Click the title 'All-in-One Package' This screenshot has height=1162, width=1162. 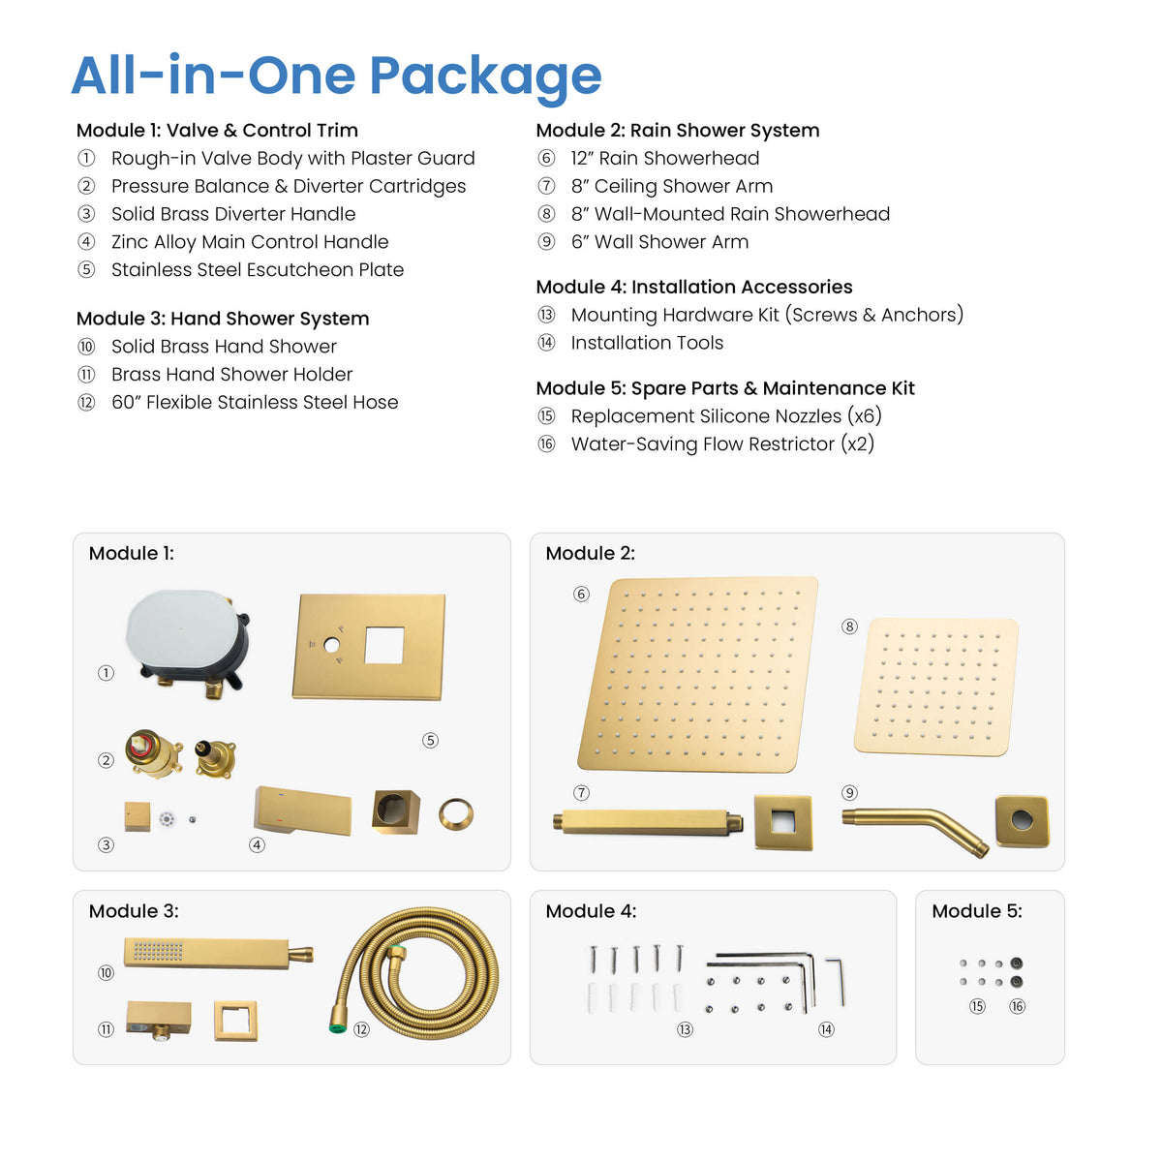336,76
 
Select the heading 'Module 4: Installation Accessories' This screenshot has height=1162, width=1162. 694,287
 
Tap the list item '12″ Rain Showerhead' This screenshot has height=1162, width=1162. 664,158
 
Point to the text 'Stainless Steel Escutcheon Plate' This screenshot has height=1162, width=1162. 258,269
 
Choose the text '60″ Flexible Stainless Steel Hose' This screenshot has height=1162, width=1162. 255,402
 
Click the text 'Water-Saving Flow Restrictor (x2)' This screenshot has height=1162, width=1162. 722,443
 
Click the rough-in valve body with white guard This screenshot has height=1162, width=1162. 187,642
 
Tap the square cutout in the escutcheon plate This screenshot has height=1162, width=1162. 384,645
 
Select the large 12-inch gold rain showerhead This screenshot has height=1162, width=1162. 698,674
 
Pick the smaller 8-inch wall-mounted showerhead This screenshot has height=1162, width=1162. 936,687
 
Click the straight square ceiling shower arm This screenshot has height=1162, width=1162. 647,822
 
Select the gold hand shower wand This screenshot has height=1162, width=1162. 218,954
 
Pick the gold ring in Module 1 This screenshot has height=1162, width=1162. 456,814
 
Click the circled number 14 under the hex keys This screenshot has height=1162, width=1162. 826,1029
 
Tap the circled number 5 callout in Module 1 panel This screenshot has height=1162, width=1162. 430,740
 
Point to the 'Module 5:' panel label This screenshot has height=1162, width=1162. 977,910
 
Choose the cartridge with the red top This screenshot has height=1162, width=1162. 154,753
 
